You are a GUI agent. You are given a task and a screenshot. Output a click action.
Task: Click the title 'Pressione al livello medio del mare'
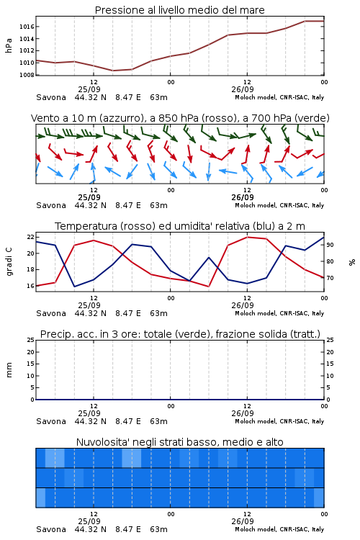(179, 10)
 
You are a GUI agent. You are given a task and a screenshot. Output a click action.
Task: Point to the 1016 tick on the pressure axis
(27, 27)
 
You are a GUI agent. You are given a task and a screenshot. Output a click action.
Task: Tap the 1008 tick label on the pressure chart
(27, 75)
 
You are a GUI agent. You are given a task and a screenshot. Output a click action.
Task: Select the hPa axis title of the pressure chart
(9, 45)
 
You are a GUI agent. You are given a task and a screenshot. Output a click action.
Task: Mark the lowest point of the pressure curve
(112, 71)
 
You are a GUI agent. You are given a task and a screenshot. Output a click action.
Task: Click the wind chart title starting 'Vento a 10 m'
(180, 118)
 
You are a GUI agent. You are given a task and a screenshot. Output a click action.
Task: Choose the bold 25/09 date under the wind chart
(89, 197)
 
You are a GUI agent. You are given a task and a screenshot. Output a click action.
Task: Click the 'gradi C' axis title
(9, 262)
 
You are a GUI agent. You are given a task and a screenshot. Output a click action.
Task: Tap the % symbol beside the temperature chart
(352, 262)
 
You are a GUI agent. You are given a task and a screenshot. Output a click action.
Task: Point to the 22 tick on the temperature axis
(31, 237)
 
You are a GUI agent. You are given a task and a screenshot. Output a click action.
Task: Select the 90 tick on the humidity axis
(330, 245)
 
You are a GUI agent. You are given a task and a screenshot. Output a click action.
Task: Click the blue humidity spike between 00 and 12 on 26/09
(209, 257)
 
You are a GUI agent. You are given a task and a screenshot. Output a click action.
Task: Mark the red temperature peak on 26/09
(248, 237)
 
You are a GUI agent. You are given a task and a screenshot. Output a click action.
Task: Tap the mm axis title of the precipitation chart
(9, 370)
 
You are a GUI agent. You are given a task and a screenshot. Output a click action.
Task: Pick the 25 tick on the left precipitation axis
(31, 340)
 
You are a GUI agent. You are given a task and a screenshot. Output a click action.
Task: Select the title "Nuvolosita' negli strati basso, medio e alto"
(180, 442)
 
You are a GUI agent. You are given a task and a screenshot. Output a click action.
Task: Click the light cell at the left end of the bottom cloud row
(40, 498)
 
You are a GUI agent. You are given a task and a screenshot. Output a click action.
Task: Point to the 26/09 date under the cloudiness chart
(243, 521)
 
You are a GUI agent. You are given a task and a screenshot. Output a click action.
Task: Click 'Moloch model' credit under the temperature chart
(255, 313)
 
